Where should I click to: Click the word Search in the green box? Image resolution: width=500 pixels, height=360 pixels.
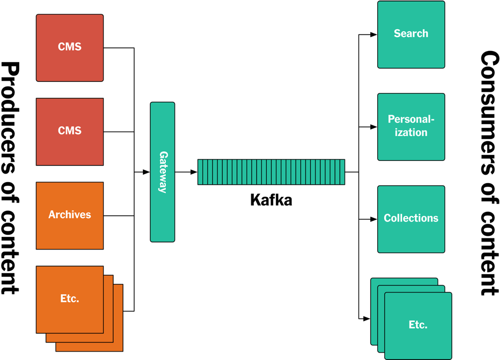point(411,33)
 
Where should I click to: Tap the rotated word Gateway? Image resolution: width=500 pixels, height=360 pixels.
point(163,172)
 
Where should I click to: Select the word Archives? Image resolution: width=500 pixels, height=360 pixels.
point(70,215)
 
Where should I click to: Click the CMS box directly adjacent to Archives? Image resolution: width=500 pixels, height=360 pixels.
point(70,131)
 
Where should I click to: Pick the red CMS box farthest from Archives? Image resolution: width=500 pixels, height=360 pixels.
point(70,47)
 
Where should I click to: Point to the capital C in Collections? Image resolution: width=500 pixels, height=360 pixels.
point(387,218)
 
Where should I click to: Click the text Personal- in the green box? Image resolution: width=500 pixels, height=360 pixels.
point(411,119)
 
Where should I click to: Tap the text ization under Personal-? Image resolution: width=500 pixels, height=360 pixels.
point(411,132)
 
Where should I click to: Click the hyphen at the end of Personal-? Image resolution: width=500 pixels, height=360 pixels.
point(433,120)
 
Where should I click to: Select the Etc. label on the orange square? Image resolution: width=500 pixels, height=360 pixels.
point(70,298)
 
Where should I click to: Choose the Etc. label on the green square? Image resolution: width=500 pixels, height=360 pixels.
point(418,325)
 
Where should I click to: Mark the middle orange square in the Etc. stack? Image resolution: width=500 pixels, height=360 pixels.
point(108,337)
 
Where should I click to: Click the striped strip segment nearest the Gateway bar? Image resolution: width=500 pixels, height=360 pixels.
point(200,172)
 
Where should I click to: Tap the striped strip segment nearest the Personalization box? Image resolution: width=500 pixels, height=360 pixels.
point(342,172)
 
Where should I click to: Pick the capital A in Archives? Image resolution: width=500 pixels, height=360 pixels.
point(52,215)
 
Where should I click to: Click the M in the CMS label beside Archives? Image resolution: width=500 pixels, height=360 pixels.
point(70,131)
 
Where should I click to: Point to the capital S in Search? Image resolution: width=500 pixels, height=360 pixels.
point(397,33)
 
